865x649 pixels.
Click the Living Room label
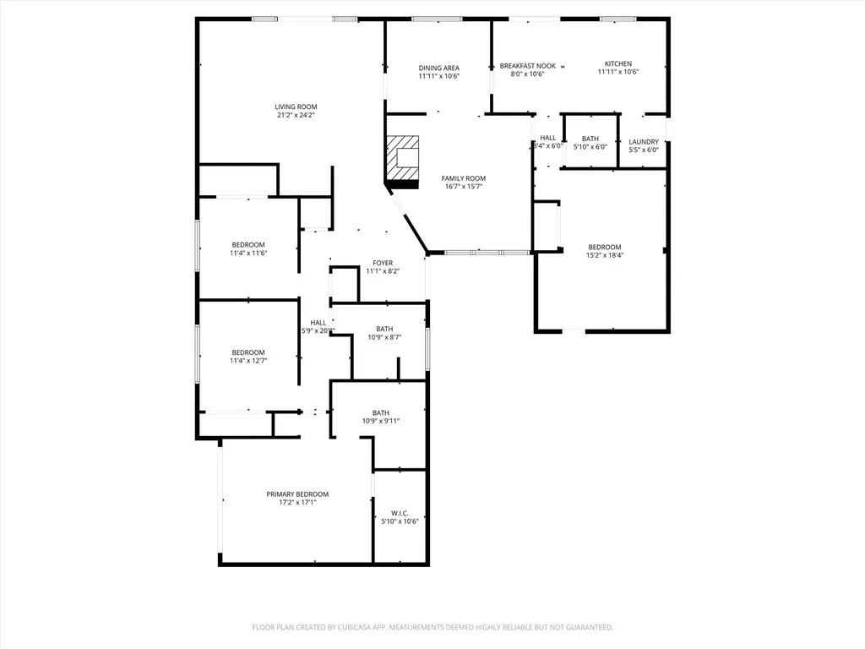click(296, 106)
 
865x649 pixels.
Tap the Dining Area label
click(439, 68)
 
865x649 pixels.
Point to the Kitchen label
click(617, 63)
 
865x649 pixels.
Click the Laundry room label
click(644, 141)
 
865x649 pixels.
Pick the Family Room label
click(464, 178)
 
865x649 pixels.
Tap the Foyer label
click(383, 263)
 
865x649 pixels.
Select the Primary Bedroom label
click(297, 494)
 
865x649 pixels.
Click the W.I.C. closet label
click(400, 513)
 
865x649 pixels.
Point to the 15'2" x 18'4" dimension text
click(605, 255)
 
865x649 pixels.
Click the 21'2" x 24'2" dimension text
click(296, 116)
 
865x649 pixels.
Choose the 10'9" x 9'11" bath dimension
click(381, 421)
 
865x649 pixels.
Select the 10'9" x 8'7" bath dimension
click(384, 337)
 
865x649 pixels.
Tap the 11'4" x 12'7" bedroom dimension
click(248, 361)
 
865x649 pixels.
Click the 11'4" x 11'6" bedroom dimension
click(248, 253)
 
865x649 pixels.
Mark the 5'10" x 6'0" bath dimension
click(590, 148)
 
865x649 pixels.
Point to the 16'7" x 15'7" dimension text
click(464, 187)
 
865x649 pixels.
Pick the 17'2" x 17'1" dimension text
click(297, 503)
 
